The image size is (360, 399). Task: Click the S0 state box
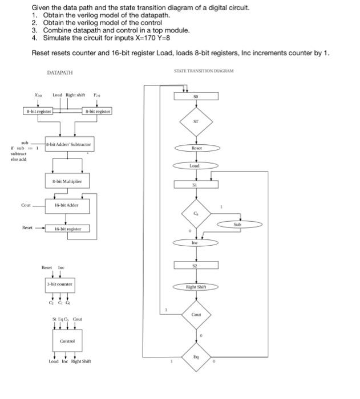[196, 97]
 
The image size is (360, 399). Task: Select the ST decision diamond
[196, 121]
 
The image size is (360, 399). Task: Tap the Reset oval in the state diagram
[196, 147]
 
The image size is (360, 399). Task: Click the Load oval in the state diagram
[196, 166]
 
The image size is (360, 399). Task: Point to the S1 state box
[196, 185]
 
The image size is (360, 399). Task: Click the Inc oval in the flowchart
[196, 243]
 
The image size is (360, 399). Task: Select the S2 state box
[196, 266]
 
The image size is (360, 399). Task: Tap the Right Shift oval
[196, 287]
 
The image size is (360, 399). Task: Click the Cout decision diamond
[196, 314]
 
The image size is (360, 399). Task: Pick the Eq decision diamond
[196, 356]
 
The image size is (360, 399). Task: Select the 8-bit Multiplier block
[68, 182]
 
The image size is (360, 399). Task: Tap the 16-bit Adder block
[67, 203]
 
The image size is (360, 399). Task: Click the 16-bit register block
[67, 229]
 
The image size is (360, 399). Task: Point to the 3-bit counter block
[59, 283]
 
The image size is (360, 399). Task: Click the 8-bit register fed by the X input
[38, 111]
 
